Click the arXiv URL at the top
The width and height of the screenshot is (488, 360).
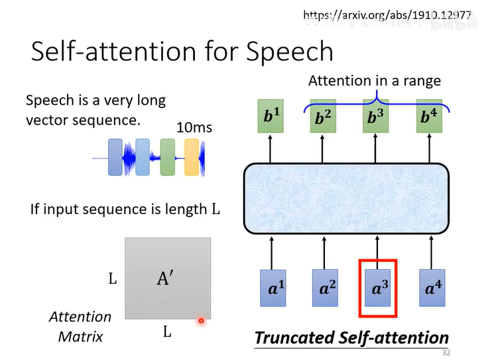click(x=387, y=14)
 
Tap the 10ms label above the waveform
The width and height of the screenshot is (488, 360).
click(x=194, y=126)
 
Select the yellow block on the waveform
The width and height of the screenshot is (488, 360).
click(x=192, y=158)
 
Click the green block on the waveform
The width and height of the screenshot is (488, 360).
click(x=167, y=157)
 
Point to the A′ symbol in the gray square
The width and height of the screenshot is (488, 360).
click(x=165, y=279)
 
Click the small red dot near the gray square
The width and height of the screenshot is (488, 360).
click(x=200, y=322)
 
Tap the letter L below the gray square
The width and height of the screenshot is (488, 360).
click(x=167, y=331)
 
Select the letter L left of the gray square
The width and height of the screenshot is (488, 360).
click(x=113, y=279)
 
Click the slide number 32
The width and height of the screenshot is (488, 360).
click(x=446, y=352)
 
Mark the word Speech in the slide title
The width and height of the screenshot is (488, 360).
click(x=290, y=51)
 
